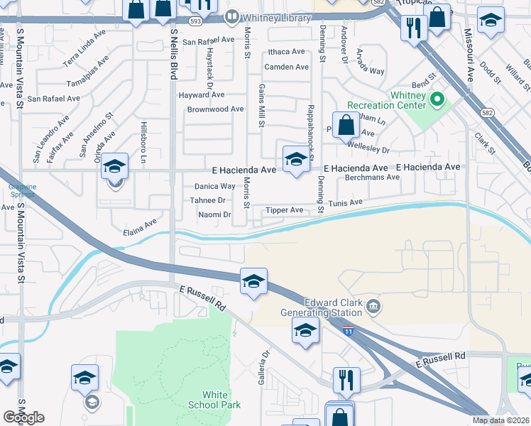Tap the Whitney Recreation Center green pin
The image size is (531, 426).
click(437, 101)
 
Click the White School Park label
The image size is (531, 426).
click(214, 400)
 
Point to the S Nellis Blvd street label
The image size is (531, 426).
click(173, 53)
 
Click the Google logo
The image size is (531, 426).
click(23, 417)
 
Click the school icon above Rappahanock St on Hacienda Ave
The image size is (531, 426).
click(295, 160)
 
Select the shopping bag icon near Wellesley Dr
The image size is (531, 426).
click(346, 125)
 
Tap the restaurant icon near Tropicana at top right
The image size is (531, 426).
click(412, 28)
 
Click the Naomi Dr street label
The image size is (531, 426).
click(214, 214)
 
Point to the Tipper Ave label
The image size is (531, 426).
click(284, 211)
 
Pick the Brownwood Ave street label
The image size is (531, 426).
click(215, 109)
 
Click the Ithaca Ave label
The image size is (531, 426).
click(287, 53)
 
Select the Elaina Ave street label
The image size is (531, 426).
click(139, 225)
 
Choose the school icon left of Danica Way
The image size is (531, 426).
click(114, 167)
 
